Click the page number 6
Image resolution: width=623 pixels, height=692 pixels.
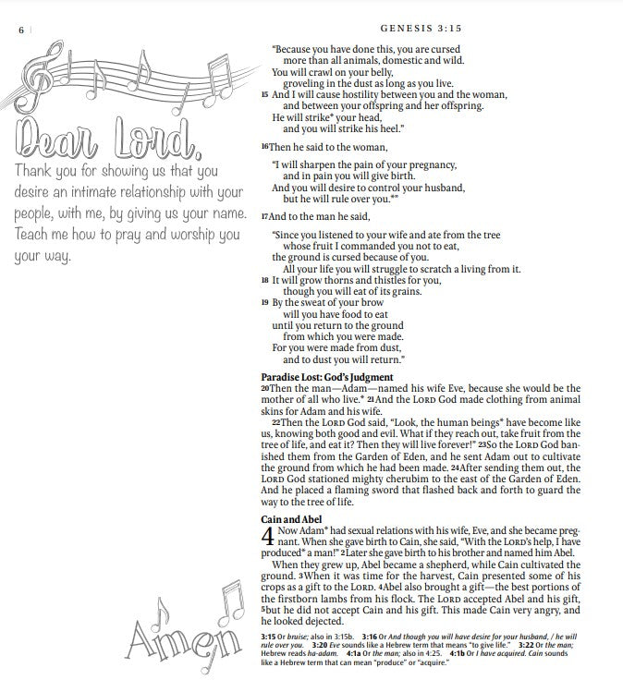click(x=21, y=30)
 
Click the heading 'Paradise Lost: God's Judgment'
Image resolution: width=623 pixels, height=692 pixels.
click(x=326, y=377)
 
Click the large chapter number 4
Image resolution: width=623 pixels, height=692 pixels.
click(x=268, y=538)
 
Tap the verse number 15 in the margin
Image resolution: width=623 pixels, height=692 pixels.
click(x=264, y=94)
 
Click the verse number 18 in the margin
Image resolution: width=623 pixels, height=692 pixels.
click(x=264, y=280)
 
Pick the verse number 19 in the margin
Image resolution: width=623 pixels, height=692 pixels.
click(x=264, y=302)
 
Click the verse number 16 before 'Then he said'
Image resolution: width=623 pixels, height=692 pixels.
click(x=264, y=147)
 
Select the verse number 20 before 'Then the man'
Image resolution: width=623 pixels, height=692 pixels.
click(x=264, y=389)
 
